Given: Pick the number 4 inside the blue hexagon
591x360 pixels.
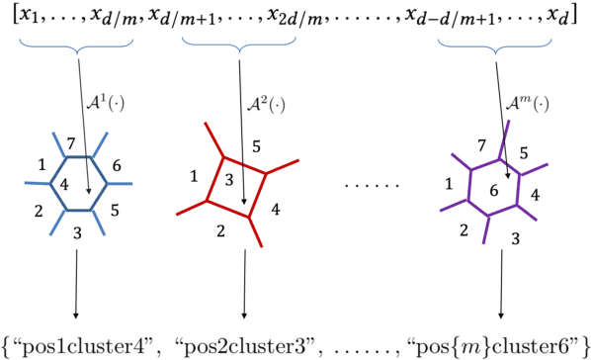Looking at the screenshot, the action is click(63, 184).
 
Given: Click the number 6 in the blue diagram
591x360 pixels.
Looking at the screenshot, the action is click(118, 166).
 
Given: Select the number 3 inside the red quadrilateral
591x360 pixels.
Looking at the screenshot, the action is click(230, 179).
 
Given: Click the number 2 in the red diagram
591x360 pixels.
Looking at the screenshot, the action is click(220, 232).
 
